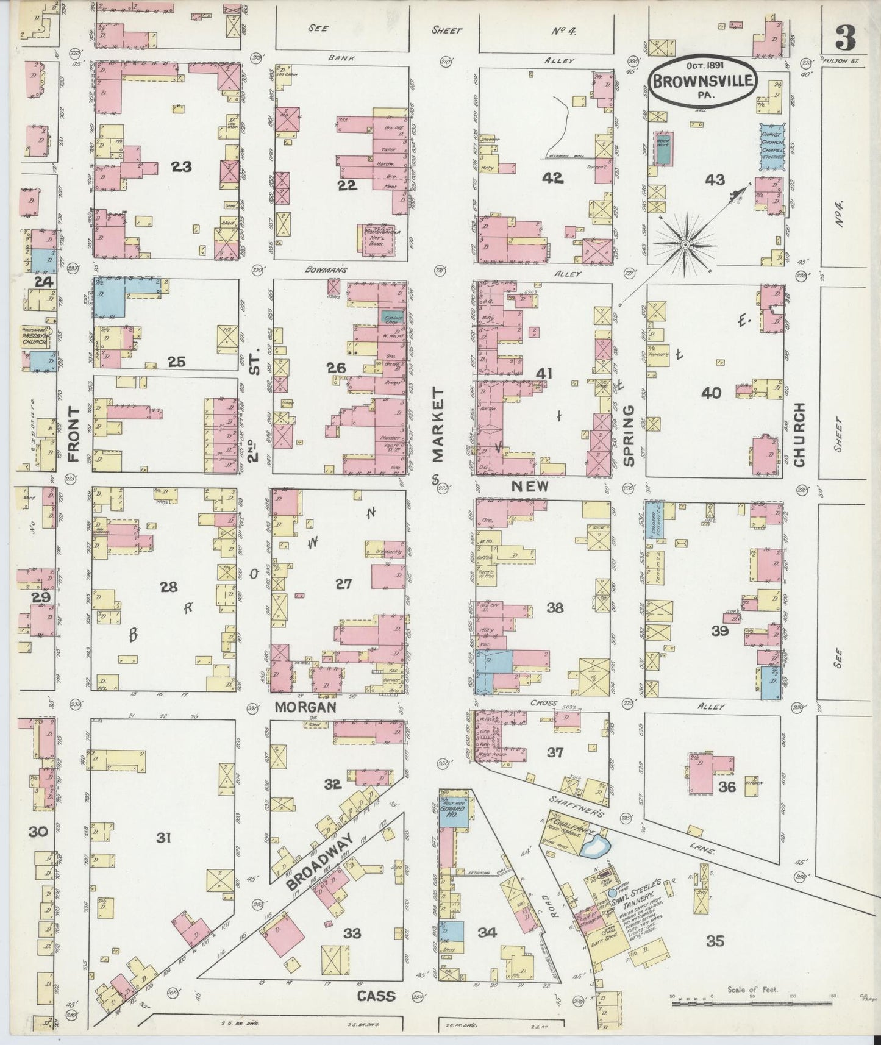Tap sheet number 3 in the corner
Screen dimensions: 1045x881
[x=845, y=40]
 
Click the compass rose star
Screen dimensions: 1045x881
[x=685, y=244]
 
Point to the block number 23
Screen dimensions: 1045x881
[x=181, y=166]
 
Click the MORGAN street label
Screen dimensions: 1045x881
[x=305, y=707]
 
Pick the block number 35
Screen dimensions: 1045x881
[x=715, y=942]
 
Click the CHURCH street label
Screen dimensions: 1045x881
[x=799, y=434]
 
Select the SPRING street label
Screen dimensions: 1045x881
[x=629, y=435]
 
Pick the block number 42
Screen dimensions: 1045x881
[x=555, y=177]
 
